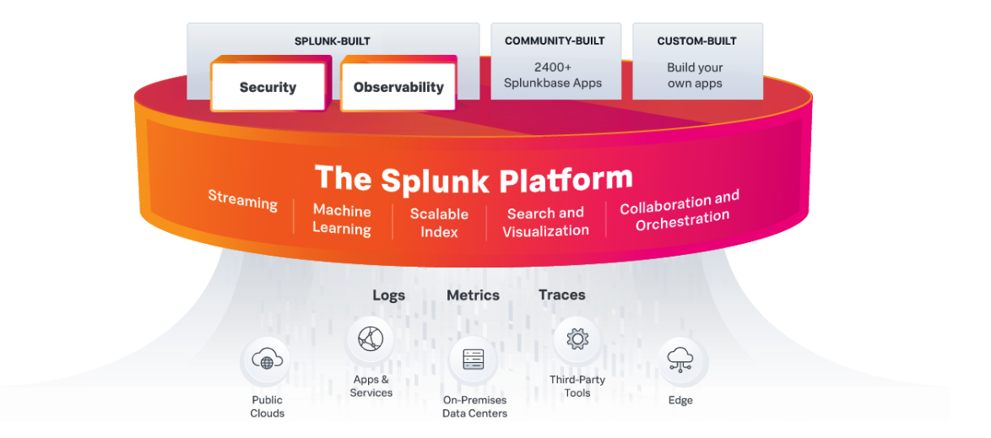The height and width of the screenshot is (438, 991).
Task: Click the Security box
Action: [x=268, y=87]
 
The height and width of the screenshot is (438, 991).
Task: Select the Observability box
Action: [x=398, y=87]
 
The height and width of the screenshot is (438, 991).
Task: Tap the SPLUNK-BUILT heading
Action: [x=332, y=41]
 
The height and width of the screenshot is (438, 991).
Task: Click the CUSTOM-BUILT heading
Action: [x=696, y=41]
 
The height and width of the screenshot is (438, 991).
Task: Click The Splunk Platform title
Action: [x=474, y=180]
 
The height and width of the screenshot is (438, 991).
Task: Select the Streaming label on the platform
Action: [x=243, y=202]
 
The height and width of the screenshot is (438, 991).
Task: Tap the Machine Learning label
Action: [x=342, y=219]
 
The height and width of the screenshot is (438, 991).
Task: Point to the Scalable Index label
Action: [x=439, y=223]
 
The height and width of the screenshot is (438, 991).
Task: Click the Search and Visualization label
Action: [x=545, y=222]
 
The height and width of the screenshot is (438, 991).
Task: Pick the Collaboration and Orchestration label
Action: [x=680, y=210]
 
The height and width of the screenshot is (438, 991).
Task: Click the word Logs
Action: [x=388, y=295]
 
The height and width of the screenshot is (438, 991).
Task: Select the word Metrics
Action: [x=473, y=295]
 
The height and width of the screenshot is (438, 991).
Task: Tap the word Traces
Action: [x=561, y=295]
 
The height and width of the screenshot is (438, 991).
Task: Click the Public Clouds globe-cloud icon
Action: [x=267, y=362]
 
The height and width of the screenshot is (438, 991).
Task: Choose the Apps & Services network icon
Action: [x=371, y=339]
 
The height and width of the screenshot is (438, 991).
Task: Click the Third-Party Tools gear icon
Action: [x=577, y=339]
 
